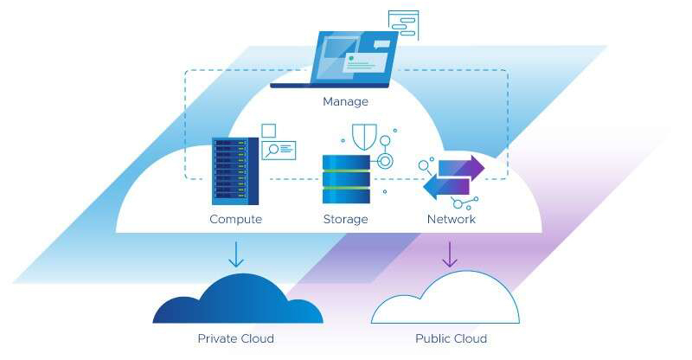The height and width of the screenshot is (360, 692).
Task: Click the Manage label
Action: point(345,102)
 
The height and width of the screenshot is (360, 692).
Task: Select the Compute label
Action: point(235,219)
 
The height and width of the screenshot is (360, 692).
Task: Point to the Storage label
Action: point(345,219)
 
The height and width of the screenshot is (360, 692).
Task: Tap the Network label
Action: point(452,219)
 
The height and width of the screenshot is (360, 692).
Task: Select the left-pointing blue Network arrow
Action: point(446,186)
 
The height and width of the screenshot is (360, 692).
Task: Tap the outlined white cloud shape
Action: point(445,301)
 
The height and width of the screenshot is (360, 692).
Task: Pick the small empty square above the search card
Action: point(268,130)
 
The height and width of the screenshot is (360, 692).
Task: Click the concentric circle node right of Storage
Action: point(383,161)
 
